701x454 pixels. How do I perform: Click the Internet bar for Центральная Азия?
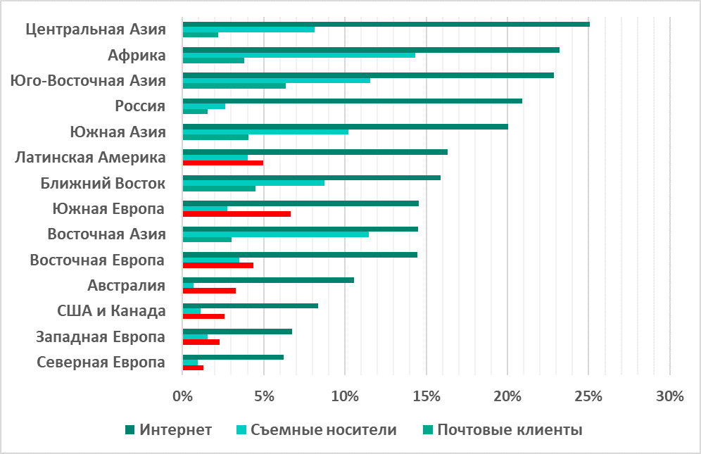386,24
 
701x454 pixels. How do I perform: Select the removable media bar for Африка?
298,55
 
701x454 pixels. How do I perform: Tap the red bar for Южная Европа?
236,213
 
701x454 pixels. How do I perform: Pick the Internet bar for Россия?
352,101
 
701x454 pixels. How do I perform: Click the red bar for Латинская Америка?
222,163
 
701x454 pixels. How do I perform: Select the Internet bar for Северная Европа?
233,357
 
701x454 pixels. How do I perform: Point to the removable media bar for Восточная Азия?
275,234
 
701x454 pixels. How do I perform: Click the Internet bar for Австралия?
268,280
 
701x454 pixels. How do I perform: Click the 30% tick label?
669,396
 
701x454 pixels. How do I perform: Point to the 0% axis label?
182,396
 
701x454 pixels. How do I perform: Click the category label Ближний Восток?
103,184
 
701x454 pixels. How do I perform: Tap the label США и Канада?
111,311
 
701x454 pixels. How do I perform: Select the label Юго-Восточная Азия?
89,81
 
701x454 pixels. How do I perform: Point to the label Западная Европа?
101,336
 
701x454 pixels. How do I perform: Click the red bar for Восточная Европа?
217,265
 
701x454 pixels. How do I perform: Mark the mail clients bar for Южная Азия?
215,137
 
